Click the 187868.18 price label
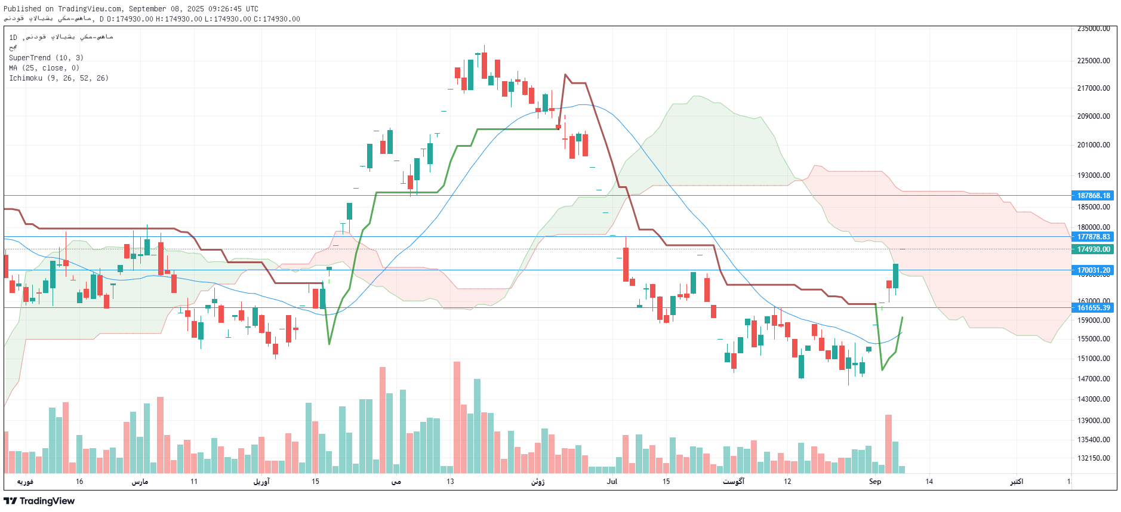(1094, 196)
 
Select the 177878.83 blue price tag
(1094, 237)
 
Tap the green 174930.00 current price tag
(1094, 249)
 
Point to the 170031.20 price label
(1094, 270)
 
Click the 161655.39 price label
(1094, 308)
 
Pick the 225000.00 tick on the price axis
(1094, 61)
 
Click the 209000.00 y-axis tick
(1094, 116)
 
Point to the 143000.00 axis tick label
(1094, 399)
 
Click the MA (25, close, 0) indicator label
(44, 68)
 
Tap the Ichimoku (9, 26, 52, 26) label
(58, 78)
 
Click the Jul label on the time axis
(612, 482)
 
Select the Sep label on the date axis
(875, 482)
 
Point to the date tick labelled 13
(450, 482)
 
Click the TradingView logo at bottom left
(39, 501)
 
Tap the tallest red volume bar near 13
(457, 418)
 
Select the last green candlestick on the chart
(895, 276)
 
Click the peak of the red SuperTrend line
(565, 75)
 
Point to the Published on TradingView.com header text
(131, 9)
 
